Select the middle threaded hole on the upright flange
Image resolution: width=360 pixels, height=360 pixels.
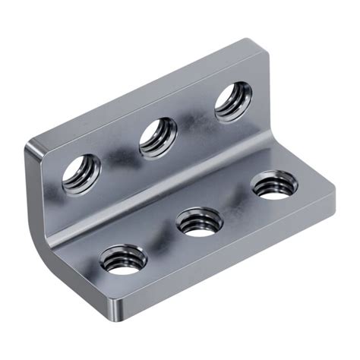[158, 136]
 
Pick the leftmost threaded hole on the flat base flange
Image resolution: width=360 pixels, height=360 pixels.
[124, 262]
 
